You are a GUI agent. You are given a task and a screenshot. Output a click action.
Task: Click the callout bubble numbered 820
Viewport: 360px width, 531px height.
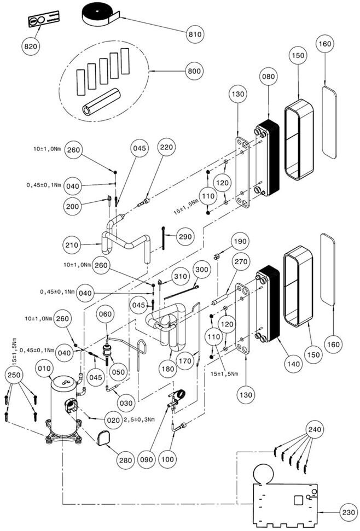click(x=31, y=46)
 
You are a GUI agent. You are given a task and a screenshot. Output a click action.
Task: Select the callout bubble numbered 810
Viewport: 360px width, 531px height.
click(x=194, y=34)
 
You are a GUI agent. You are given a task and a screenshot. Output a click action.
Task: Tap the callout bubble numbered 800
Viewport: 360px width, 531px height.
click(x=194, y=71)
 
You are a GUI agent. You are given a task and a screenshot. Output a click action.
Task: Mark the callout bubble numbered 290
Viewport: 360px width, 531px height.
click(x=185, y=237)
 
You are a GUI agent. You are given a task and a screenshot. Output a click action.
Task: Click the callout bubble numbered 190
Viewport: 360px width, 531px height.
click(x=240, y=241)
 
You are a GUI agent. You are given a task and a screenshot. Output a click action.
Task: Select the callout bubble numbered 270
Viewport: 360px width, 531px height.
click(x=240, y=262)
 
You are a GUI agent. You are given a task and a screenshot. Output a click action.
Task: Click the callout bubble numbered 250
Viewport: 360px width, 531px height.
click(x=14, y=376)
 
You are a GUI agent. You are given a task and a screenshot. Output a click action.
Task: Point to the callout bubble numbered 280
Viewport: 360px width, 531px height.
click(x=126, y=460)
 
